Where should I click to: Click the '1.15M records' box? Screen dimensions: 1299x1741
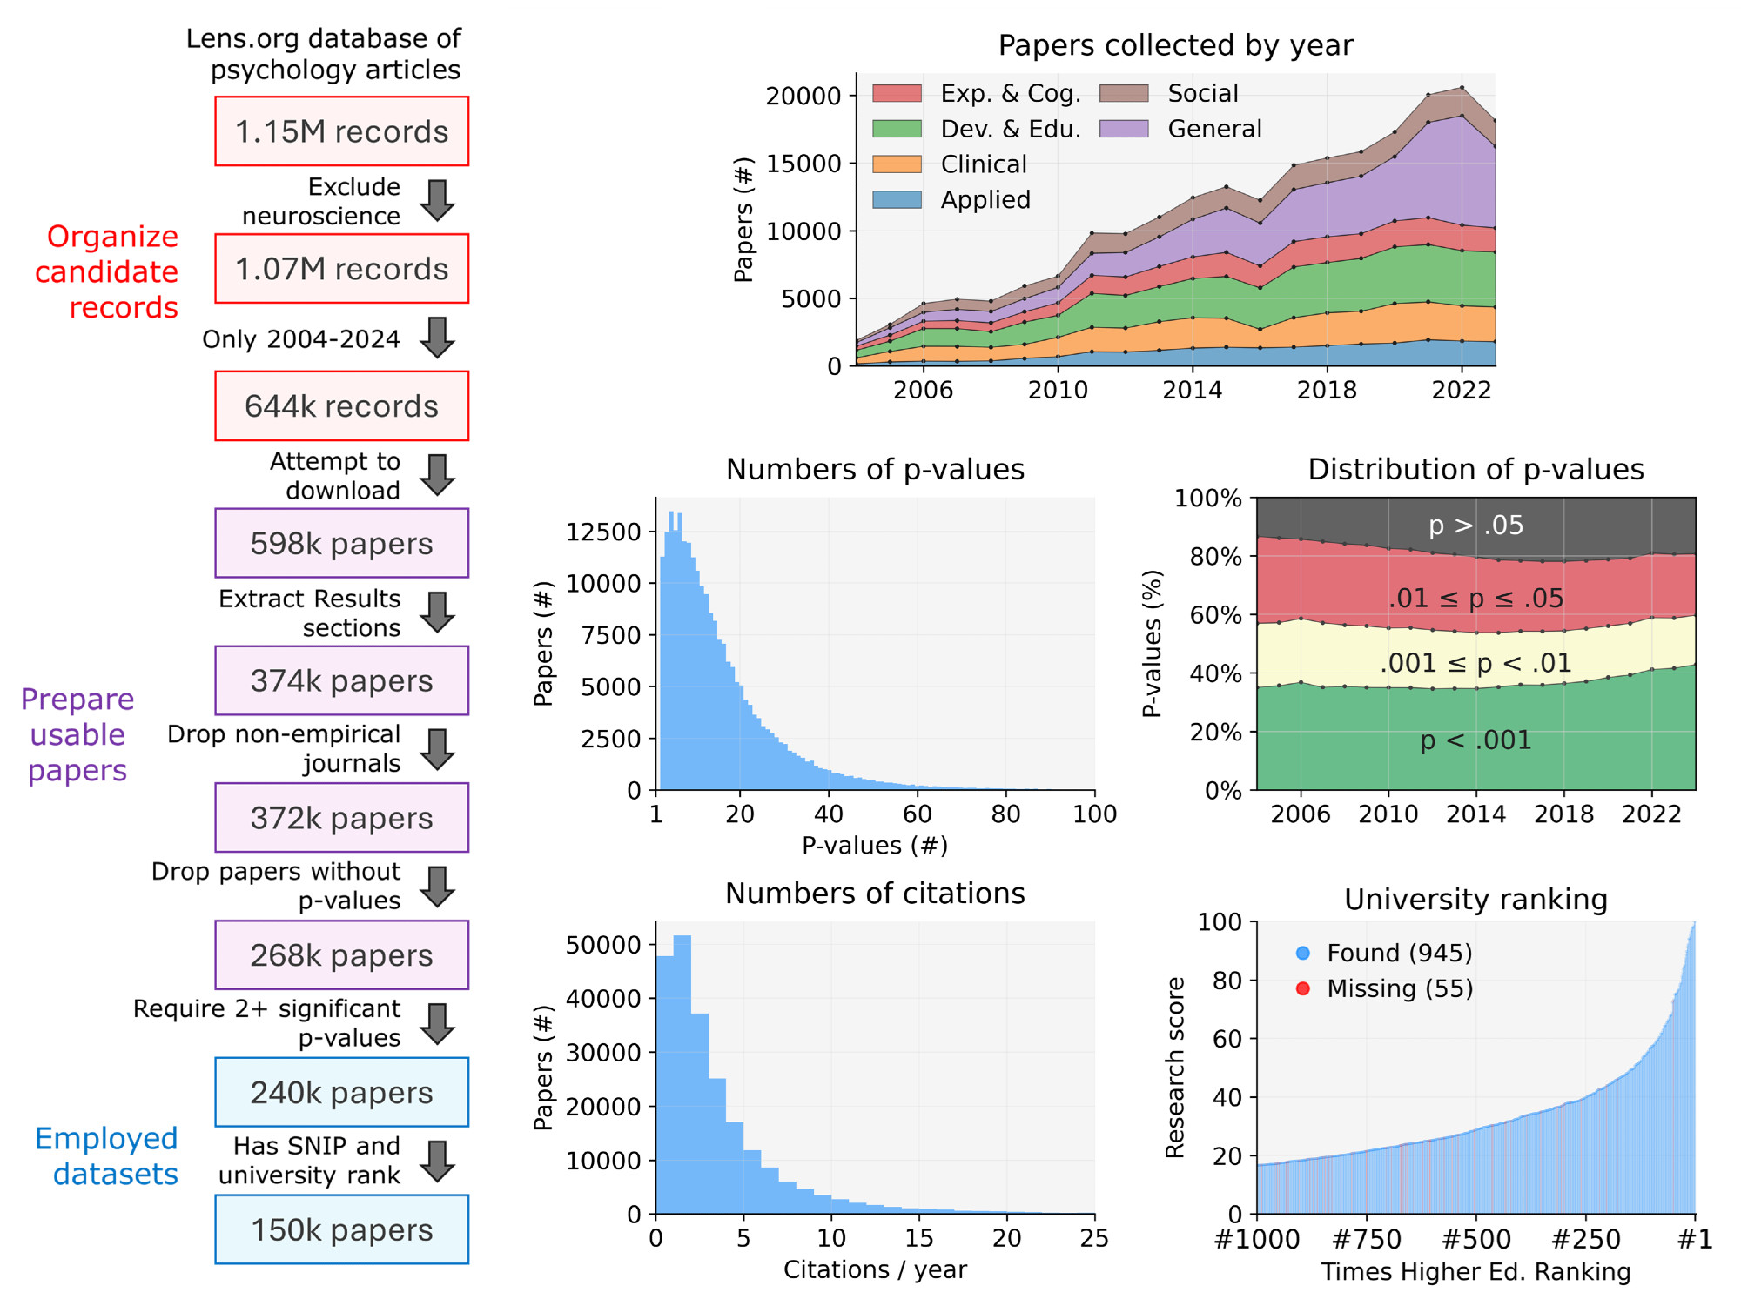pos(341,131)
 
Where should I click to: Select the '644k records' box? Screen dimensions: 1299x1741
pos(341,406)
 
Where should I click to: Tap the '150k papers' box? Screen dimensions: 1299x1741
pos(341,1229)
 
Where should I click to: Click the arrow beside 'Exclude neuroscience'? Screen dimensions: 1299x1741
pos(437,201)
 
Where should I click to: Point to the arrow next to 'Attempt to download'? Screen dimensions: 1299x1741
pos(437,475)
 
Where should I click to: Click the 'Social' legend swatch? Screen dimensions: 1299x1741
pos(1124,94)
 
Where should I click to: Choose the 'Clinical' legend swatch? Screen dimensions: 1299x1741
pos(897,164)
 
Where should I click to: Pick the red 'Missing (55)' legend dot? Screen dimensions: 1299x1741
pos(1302,988)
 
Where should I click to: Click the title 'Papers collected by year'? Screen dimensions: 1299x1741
pos(1175,45)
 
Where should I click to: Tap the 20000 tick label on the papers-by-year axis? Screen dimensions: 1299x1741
pos(803,96)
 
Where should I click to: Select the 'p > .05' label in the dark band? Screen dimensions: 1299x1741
pos(1475,526)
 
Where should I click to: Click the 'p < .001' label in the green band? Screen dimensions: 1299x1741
pos(1475,740)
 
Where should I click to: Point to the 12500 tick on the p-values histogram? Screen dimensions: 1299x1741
pos(603,532)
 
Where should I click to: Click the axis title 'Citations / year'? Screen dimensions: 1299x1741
pos(875,1269)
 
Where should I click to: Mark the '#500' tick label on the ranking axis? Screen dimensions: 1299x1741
pos(1475,1239)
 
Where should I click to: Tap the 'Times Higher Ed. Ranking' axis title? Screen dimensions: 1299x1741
pos(1475,1272)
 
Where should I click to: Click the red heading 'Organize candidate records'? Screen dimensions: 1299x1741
pos(108,272)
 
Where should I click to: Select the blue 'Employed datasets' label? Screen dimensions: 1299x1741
pos(108,1156)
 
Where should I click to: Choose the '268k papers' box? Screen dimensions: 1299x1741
pos(341,955)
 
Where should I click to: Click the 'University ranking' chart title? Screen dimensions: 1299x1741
pos(1475,900)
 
